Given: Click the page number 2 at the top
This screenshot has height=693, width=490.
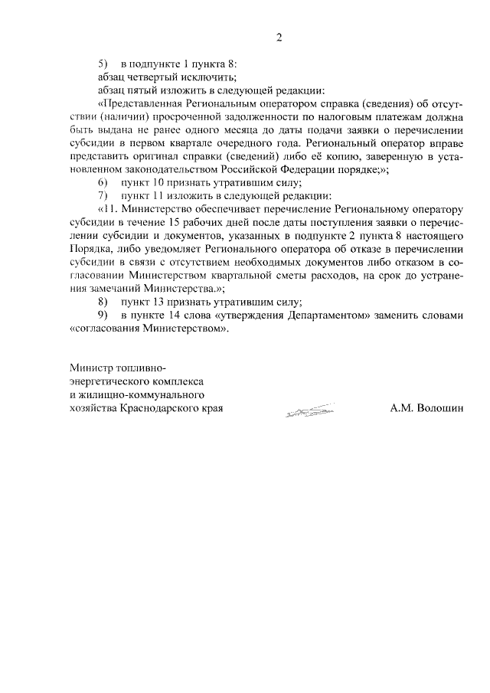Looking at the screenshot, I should click(279, 38).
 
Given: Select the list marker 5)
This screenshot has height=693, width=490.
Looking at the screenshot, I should click(103, 64).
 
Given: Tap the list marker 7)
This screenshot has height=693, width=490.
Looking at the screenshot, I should click(103, 195).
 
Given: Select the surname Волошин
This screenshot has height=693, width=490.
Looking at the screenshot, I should click(439, 408).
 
